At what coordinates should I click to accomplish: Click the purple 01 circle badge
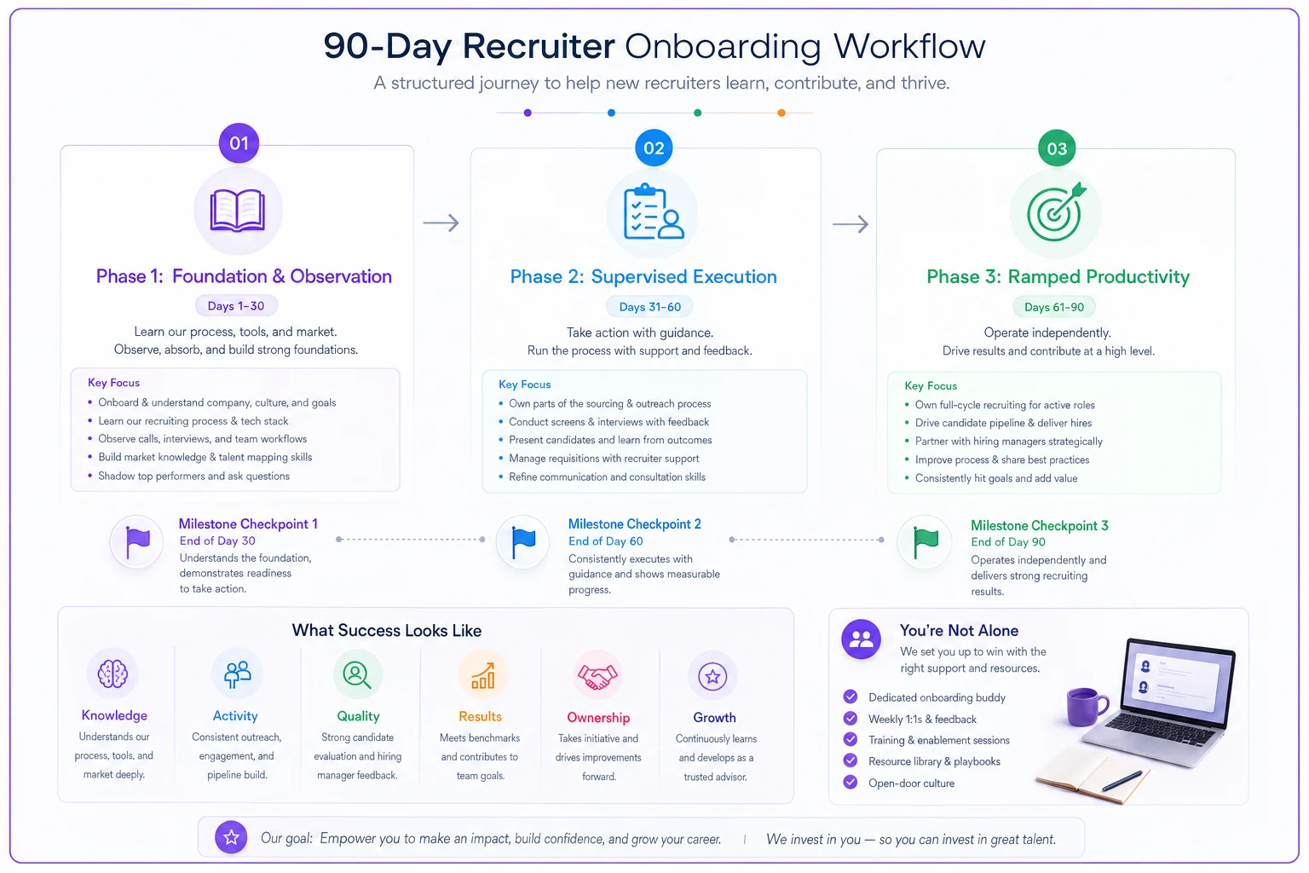(239, 143)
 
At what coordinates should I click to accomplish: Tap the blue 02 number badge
(654, 148)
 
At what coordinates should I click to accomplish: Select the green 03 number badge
(1056, 148)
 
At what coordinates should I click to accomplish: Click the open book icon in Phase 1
(237, 211)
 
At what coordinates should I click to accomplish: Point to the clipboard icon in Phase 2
(653, 211)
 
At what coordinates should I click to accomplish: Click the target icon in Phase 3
(1056, 212)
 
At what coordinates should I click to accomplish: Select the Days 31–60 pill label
(649, 307)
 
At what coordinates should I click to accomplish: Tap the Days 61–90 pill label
(1053, 307)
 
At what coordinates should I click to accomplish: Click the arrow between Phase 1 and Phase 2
(441, 223)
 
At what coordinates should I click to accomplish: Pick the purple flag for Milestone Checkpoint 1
(137, 542)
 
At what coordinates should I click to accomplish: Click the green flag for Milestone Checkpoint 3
(926, 543)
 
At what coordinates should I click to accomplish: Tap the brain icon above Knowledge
(112, 674)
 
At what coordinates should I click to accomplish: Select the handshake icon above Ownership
(597, 677)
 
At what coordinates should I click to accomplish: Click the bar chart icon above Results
(482, 676)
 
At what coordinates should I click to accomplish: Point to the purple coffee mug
(1087, 707)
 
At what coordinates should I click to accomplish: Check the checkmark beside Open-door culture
(851, 783)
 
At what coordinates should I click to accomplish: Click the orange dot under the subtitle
(781, 113)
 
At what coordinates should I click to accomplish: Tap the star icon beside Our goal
(231, 837)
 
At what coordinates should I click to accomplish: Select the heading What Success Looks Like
(386, 630)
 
